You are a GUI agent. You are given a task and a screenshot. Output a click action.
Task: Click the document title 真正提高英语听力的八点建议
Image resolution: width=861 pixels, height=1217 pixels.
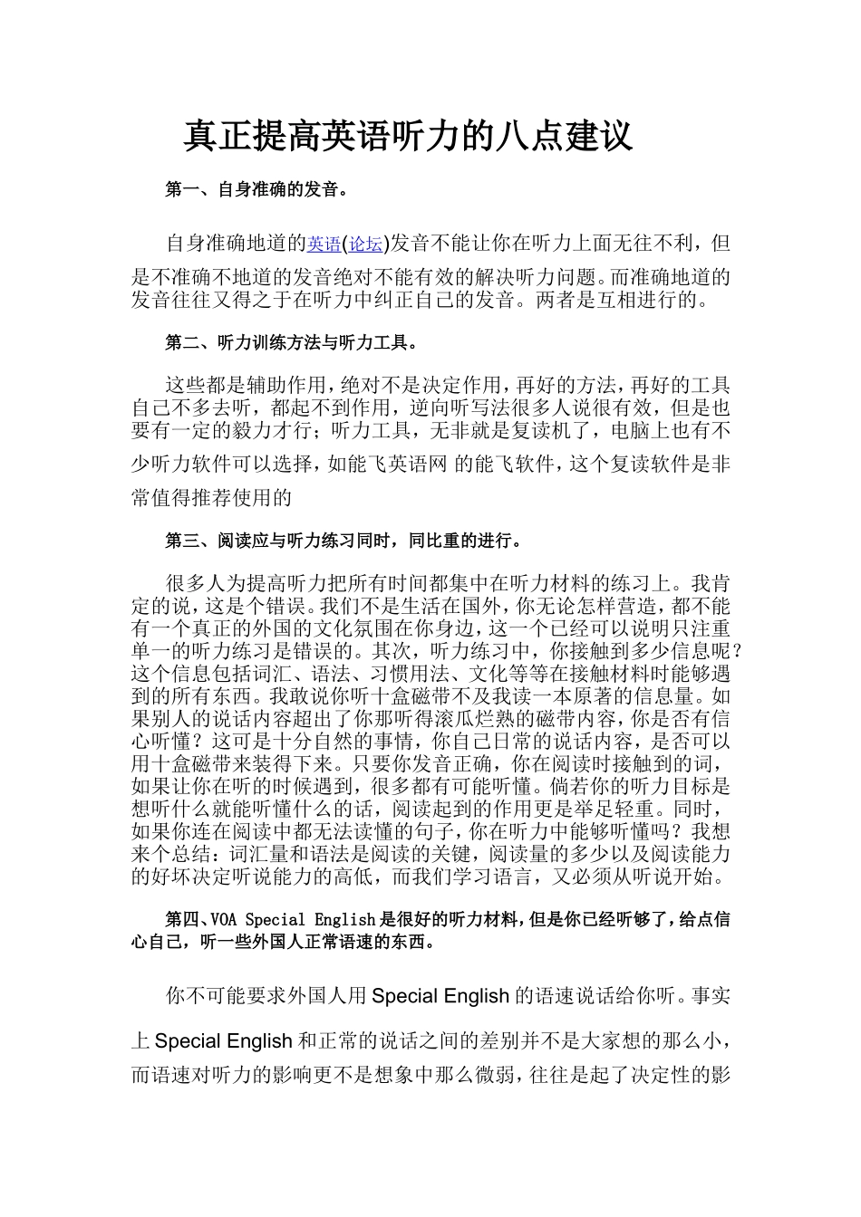[x=408, y=137]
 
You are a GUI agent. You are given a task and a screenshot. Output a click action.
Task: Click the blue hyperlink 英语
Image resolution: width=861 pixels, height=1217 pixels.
[x=324, y=244]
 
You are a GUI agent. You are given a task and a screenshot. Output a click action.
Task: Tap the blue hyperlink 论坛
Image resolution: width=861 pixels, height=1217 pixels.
[x=365, y=244]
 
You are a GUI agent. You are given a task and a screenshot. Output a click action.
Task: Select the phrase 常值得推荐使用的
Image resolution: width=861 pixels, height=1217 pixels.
[x=212, y=497]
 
